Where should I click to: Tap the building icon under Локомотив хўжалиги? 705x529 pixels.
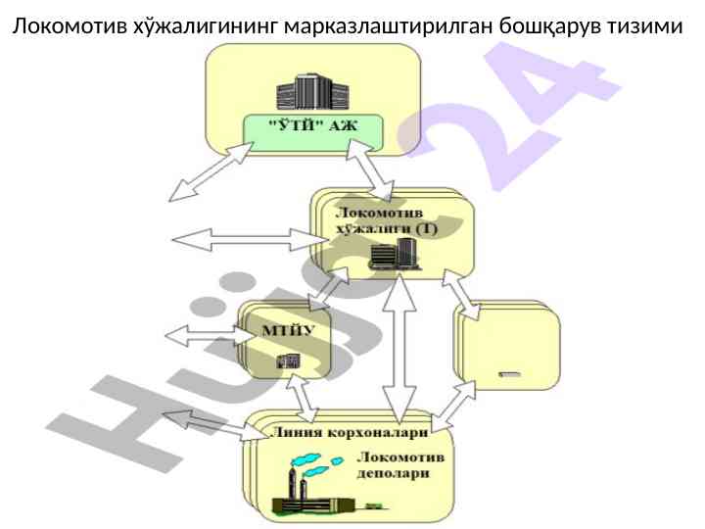pos(394,256)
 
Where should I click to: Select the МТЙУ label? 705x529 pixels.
pos(288,329)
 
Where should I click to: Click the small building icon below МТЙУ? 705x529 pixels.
pos(286,361)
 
